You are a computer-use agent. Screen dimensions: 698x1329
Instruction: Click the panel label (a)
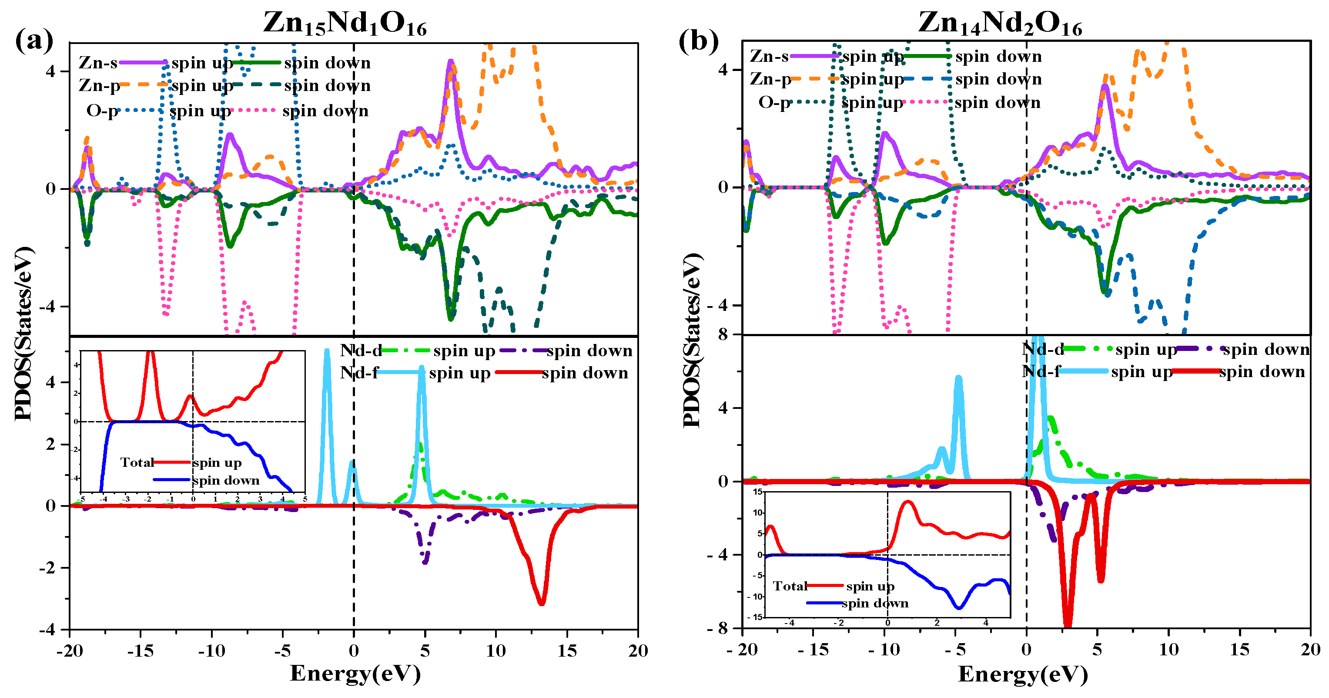point(34,40)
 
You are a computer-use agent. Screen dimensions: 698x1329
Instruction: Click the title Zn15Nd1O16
point(345,23)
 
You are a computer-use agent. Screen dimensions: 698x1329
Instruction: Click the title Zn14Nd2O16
point(1000,23)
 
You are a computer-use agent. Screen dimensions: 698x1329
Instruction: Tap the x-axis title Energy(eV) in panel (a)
point(355,674)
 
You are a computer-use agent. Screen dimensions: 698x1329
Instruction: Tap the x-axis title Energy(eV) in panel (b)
point(1023,674)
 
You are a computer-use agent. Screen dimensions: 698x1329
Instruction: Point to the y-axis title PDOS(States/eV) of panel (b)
point(693,341)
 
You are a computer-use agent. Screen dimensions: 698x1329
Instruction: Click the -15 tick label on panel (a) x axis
point(141,651)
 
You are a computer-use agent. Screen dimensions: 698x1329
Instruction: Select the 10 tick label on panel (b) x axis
point(1168,650)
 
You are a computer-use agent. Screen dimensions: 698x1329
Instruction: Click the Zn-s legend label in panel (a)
point(98,63)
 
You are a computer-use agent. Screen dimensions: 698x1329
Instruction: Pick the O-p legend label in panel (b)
point(774,102)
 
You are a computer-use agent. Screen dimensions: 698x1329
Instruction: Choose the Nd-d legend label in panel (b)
point(1043,350)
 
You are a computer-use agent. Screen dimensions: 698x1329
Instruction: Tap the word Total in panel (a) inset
point(137,462)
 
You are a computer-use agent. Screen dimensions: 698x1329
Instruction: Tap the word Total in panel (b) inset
point(789,586)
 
